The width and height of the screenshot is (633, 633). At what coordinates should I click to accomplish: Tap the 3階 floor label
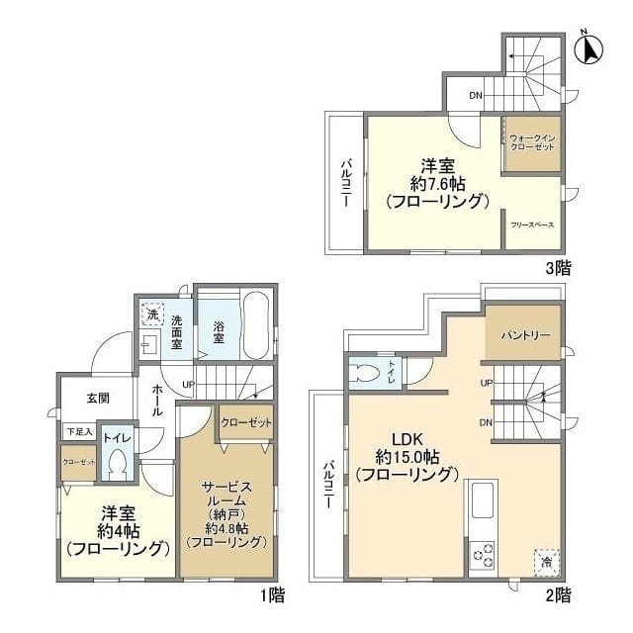[x=556, y=267]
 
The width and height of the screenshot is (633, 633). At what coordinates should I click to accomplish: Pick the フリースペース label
[x=532, y=226]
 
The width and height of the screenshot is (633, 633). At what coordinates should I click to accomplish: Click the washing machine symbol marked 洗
[x=152, y=315]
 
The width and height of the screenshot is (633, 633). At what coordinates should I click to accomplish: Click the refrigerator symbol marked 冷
[x=545, y=561]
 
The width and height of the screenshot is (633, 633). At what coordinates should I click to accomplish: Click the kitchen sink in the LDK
[x=481, y=500]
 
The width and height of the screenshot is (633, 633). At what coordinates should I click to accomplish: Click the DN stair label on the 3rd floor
[x=476, y=96]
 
